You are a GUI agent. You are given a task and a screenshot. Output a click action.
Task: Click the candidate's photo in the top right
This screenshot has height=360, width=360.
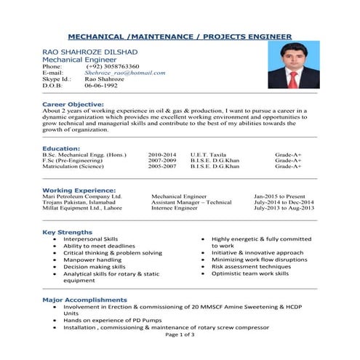[x=295, y=65]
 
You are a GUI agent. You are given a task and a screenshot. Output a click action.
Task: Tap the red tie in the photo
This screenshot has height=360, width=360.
[x=295, y=78]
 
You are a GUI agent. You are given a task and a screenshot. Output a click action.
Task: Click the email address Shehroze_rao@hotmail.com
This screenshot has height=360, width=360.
[x=125, y=73]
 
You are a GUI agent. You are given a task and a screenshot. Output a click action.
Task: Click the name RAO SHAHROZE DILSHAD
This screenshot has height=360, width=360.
[x=89, y=52]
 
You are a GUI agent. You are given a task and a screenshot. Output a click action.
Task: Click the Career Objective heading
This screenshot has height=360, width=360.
[x=75, y=104]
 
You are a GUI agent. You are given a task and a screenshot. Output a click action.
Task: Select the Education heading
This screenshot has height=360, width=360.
[x=61, y=148]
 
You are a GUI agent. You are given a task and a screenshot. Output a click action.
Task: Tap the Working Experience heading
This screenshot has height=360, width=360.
[x=79, y=190]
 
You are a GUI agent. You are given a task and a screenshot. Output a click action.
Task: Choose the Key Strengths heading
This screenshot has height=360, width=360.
[x=68, y=232]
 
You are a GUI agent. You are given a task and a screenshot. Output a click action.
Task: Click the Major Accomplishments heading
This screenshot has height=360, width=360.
[x=84, y=300]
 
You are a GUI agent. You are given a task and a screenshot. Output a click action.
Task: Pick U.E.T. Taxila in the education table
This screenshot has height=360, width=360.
[x=208, y=155]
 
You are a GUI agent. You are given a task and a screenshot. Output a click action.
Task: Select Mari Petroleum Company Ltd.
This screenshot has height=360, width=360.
[x=82, y=196]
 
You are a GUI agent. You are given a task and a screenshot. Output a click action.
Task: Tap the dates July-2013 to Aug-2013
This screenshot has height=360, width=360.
[x=284, y=208]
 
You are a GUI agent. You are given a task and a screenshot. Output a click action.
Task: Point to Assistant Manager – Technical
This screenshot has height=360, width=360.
[x=191, y=202]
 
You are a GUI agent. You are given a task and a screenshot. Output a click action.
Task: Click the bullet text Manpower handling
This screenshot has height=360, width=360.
[x=92, y=260]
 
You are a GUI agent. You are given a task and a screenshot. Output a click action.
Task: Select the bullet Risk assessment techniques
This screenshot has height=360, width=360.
[x=250, y=266]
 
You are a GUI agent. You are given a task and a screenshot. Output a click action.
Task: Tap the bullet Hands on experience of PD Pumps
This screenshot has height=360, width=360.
[x=113, y=320]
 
